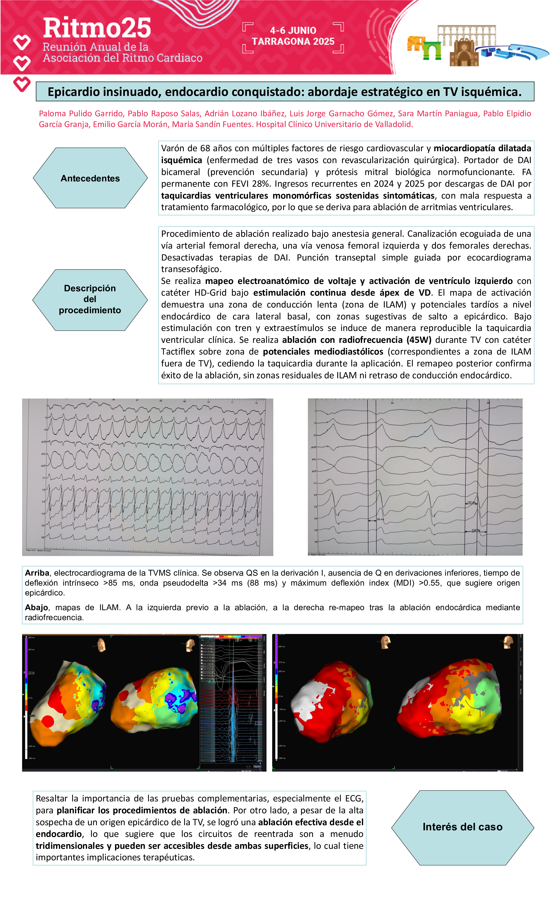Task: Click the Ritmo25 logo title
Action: coord(97,29)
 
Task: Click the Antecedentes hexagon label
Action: coord(90,178)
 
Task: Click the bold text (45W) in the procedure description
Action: coord(419,340)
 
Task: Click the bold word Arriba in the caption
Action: coord(37,573)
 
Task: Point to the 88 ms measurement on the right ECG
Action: coord(380,519)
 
